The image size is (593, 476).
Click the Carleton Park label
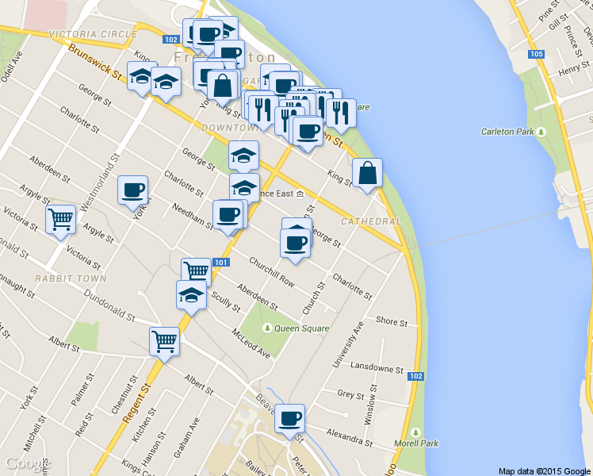click(x=507, y=132)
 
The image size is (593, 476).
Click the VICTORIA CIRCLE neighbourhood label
click(x=92, y=35)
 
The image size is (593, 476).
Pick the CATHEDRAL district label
click(x=371, y=221)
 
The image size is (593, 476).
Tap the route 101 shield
click(x=221, y=263)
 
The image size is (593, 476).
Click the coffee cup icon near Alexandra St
click(x=290, y=417)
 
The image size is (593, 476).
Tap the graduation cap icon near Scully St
click(x=191, y=294)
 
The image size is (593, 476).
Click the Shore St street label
click(x=392, y=322)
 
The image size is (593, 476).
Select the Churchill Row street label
click(x=271, y=271)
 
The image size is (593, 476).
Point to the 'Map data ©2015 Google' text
click(x=545, y=470)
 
